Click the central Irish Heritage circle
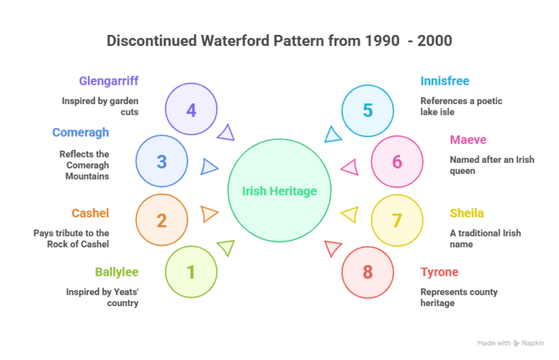pyautogui.click(x=279, y=191)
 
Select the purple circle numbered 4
pyautogui.click(x=191, y=111)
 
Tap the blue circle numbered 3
pyautogui.click(x=162, y=161)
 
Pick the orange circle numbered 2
pyautogui.click(x=162, y=220)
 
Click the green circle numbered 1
pyautogui.click(x=191, y=272)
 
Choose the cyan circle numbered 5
pyautogui.click(x=368, y=111)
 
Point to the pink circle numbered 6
pyautogui.click(x=397, y=161)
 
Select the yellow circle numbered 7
pyautogui.click(x=397, y=220)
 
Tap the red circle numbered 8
pyautogui.click(x=368, y=272)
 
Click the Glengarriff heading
pyautogui.click(x=108, y=81)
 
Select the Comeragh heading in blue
pyautogui.click(x=80, y=132)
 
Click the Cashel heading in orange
pyautogui.click(x=90, y=213)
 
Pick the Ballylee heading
pyautogui.click(x=116, y=272)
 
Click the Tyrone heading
pyautogui.click(x=440, y=272)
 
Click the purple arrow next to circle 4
pyautogui.click(x=226, y=132)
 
